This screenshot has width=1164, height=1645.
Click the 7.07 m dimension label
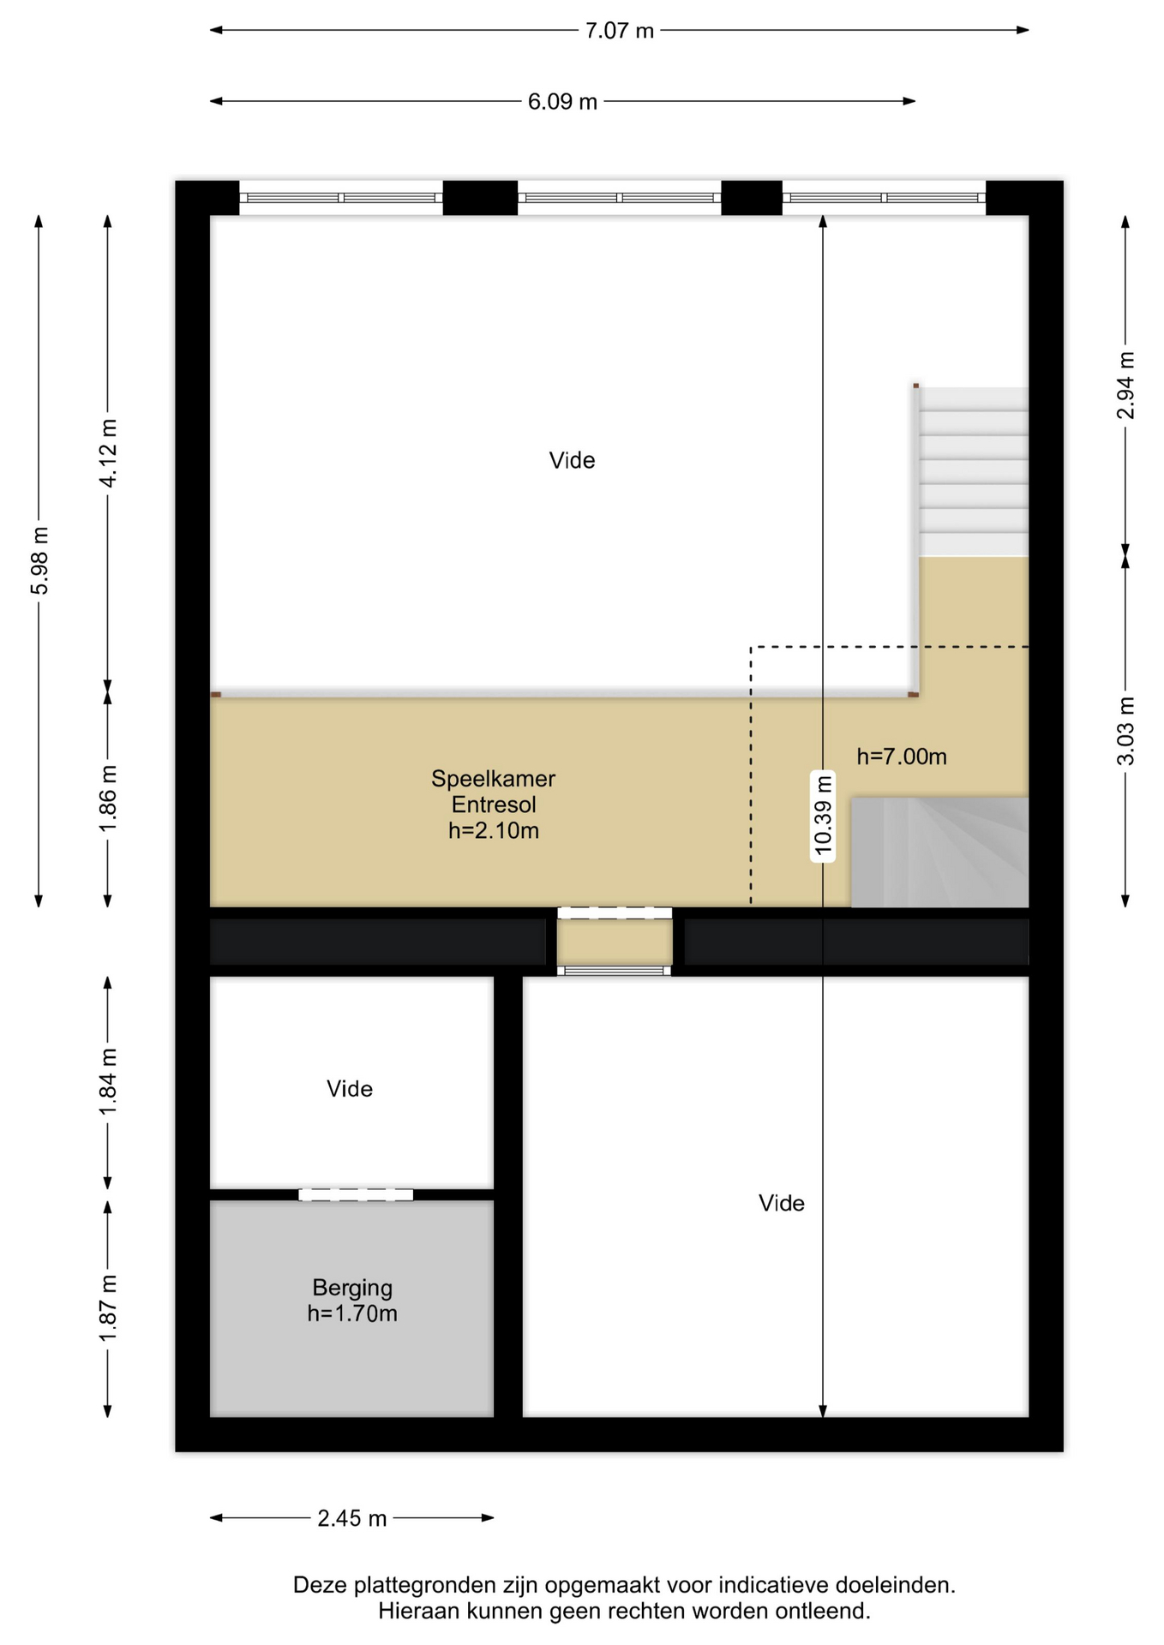pos(619,31)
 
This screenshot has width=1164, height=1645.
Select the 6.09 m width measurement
pos(562,102)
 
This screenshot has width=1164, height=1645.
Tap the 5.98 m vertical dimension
pos(39,560)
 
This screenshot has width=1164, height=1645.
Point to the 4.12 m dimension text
pos(108,453)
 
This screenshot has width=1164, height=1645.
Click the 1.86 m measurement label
pos(108,798)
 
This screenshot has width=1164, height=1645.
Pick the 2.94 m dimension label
pos(1125,385)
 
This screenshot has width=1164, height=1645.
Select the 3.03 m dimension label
pos(1125,731)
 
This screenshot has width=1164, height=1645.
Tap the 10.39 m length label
pos(823,815)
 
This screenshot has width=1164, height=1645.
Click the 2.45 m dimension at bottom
pos(352,1519)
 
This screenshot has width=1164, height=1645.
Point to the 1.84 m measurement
pos(108,1082)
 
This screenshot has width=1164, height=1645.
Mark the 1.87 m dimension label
pos(108,1308)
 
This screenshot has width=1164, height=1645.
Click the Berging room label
pos(352,1288)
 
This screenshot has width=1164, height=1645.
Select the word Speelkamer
pos(493,779)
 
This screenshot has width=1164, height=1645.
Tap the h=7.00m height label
pos(902,757)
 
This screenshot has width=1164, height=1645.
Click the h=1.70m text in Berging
pos(352,1313)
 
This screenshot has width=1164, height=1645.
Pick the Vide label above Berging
pos(350,1089)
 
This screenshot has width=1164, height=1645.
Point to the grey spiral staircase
pos(939,852)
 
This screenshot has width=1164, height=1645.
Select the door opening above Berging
pos(356,1194)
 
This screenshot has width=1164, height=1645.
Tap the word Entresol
pos(494,805)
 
